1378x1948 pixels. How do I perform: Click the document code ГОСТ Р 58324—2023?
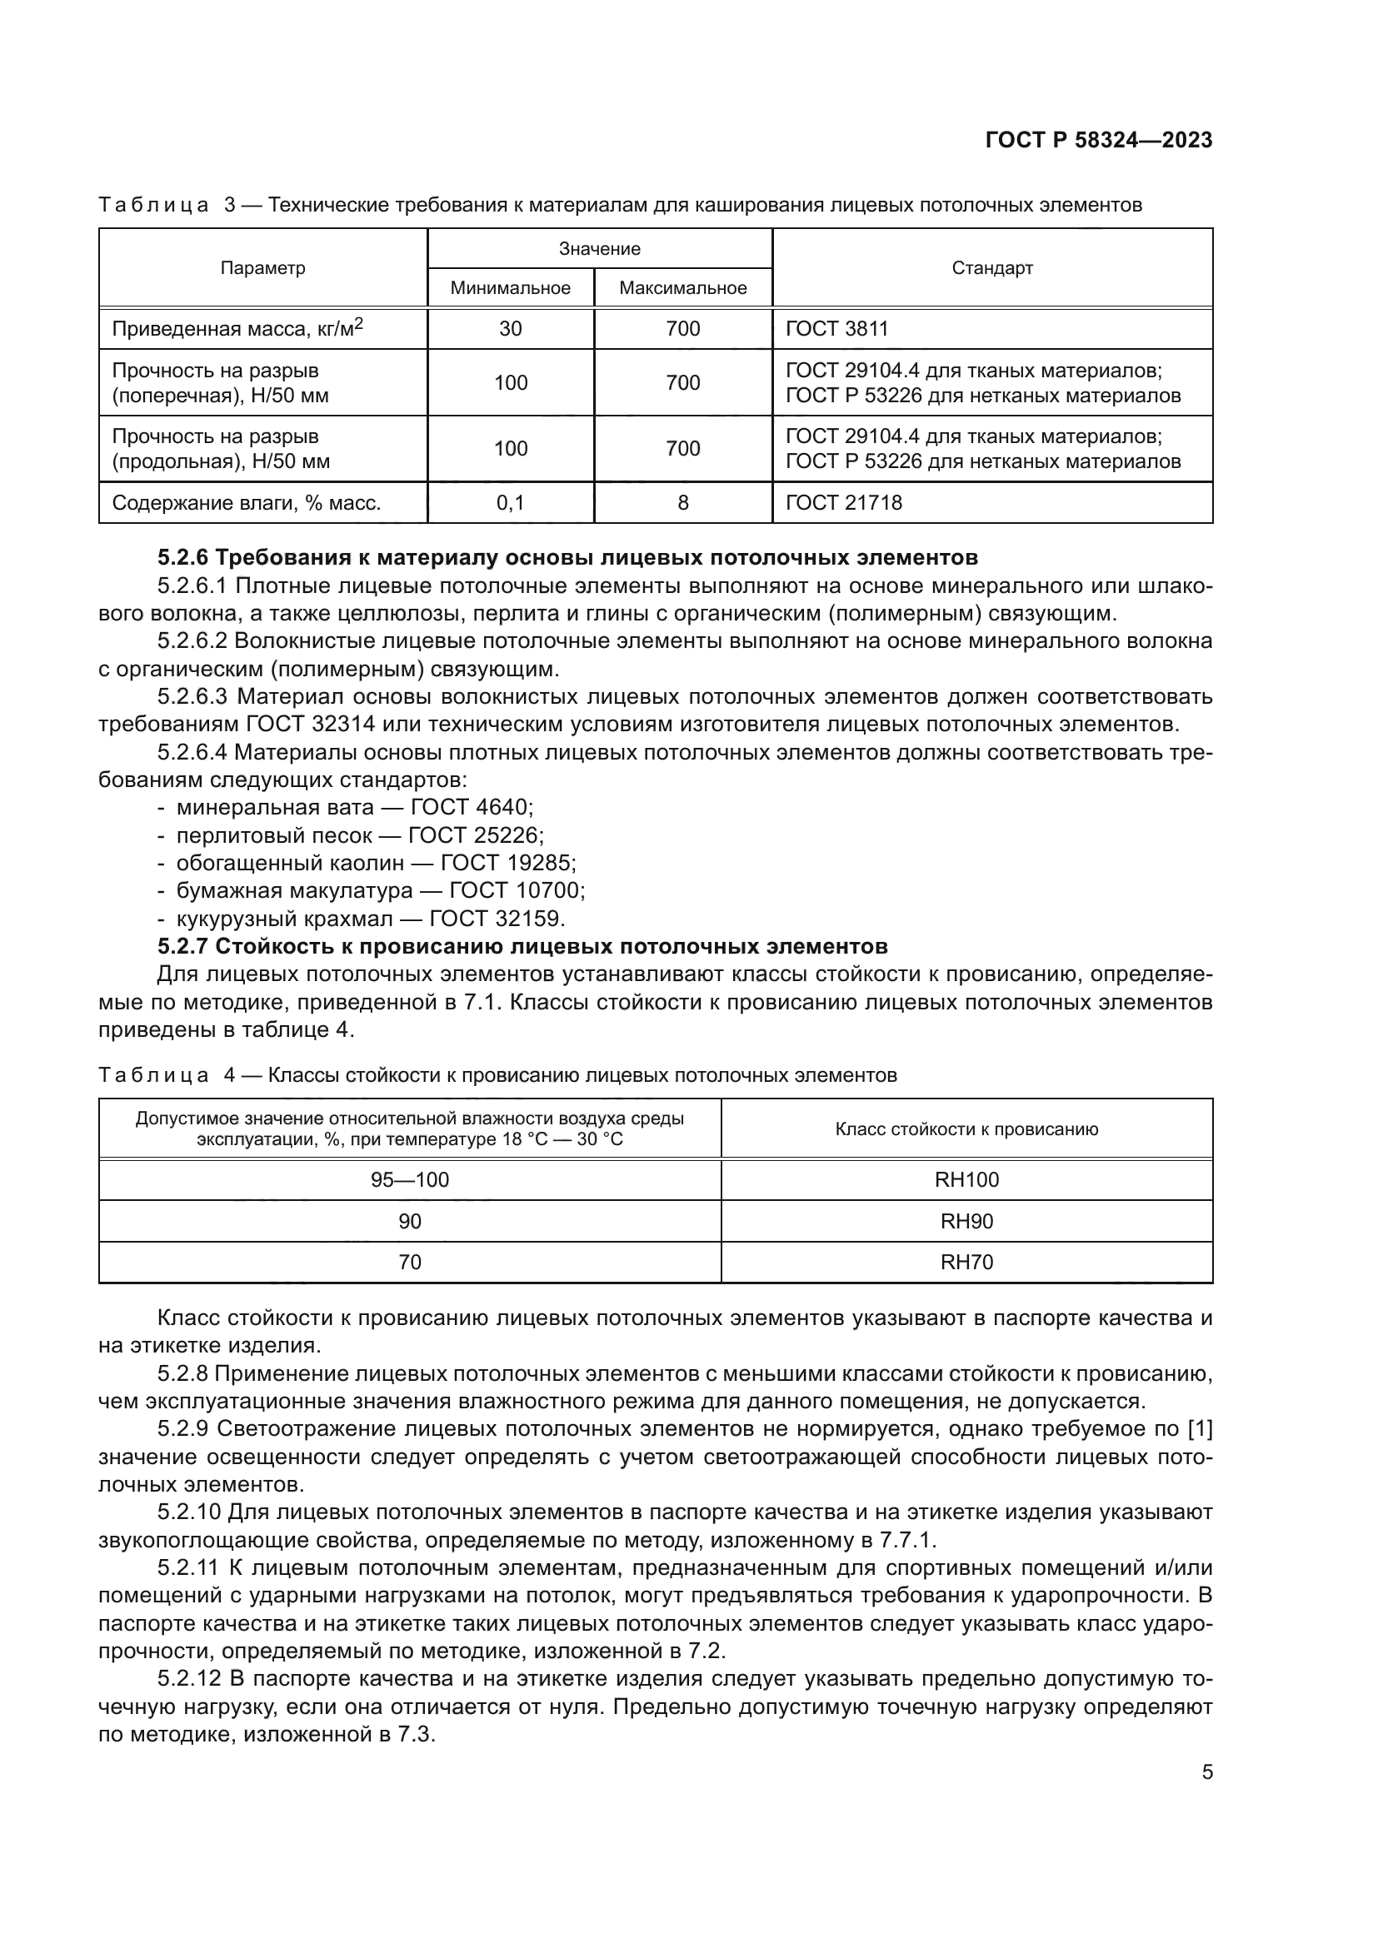pyautogui.click(x=1099, y=140)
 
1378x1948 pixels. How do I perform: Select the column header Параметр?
pyautogui.click(x=262, y=268)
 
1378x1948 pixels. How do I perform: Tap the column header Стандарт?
pyautogui.click(x=992, y=268)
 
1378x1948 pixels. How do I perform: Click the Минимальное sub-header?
pyautogui.click(x=510, y=287)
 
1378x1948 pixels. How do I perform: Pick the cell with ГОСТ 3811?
pyautogui.click(x=836, y=328)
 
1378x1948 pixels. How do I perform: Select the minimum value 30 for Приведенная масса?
pyautogui.click(x=510, y=328)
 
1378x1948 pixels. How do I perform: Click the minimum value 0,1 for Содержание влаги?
pyautogui.click(x=510, y=503)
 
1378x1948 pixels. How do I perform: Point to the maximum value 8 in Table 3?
pyautogui.click(x=682, y=503)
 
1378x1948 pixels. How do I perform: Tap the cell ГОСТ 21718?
pyautogui.click(x=843, y=503)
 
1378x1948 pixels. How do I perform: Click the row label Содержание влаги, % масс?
pyautogui.click(x=246, y=503)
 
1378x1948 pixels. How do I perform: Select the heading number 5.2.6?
pyautogui.click(x=182, y=557)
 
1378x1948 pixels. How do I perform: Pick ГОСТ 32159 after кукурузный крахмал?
pyautogui.click(x=497, y=918)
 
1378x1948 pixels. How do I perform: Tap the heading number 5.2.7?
pyautogui.click(x=182, y=945)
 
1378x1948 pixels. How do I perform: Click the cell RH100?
pyautogui.click(x=966, y=1179)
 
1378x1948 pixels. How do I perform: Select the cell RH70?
pyautogui.click(x=966, y=1262)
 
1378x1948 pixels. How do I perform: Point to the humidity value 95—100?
pyautogui.click(x=410, y=1179)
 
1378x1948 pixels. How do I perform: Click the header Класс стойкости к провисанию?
pyautogui.click(x=966, y=1129)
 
